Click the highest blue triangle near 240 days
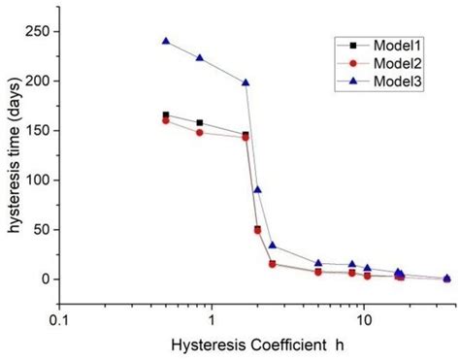click(x=166, y=41)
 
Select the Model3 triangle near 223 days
click(x=200, y=57)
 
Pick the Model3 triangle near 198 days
click(x=246, y=82)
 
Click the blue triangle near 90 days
click(x=257, y=189)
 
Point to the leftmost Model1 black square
click(x=166, y=115)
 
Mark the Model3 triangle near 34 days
click(x=273, y=245)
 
